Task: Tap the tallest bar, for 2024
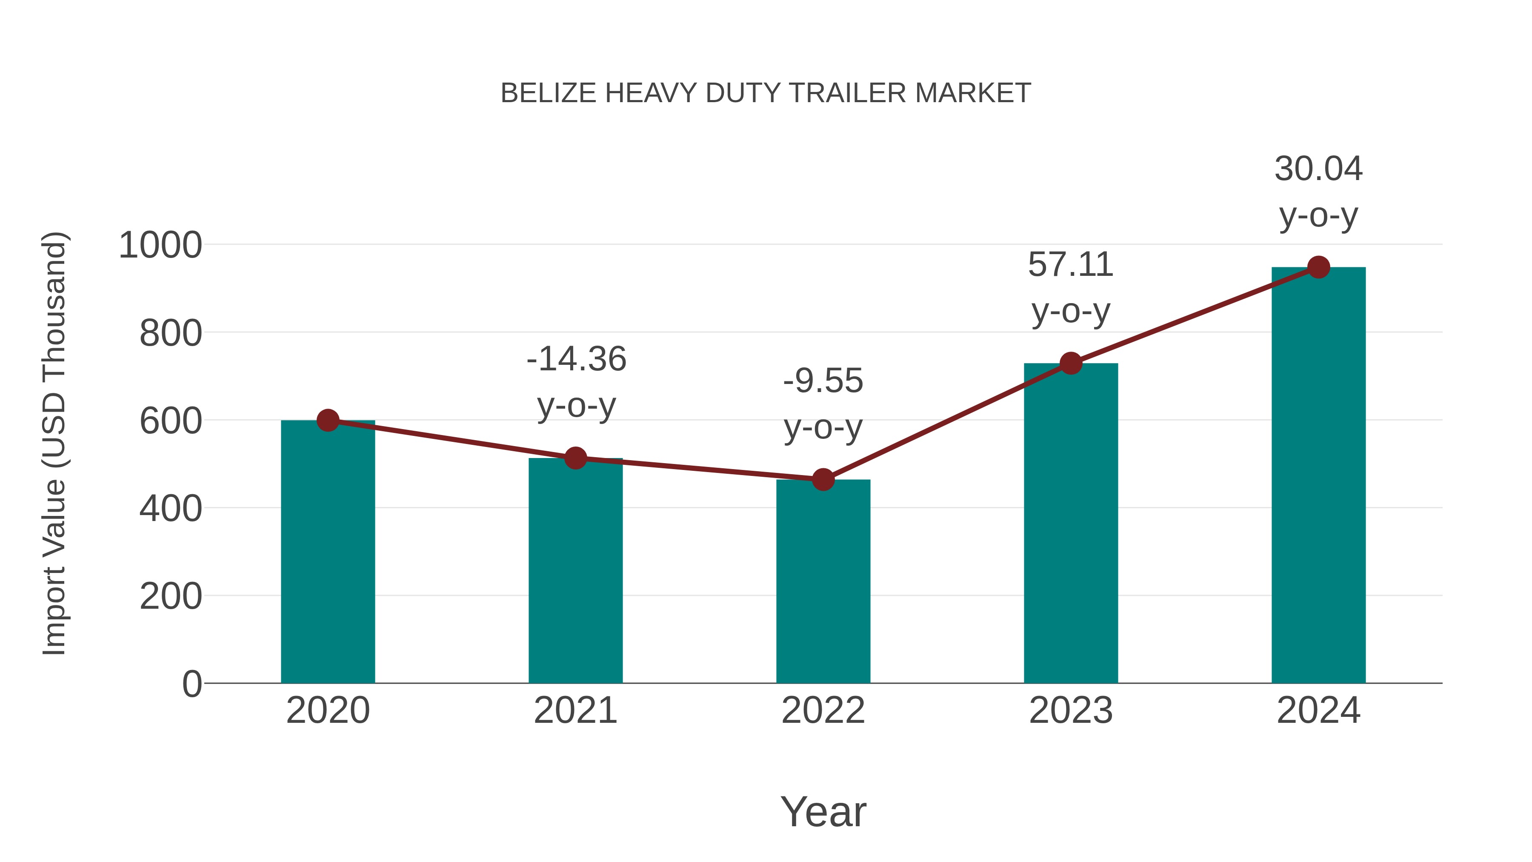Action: click(x=1318, y=476)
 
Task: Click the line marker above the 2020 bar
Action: click(x=328, y=421)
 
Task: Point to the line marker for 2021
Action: click(x=575, y=458)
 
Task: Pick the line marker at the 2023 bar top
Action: click(x=1071, y=363)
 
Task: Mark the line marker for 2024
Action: click(x=1318, y=267)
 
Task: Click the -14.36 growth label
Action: click(x=576, y=359)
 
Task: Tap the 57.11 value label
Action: click(x=1071, y=265)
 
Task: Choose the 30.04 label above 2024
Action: click(x=1318, y=169)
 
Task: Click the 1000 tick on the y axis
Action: click(x=160, y=245)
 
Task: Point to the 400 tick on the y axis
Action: click(x=171, y=509)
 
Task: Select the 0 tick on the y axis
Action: click(x=191, y=684)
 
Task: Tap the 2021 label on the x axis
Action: click(x=575, y=710)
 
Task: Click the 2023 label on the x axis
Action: click(x=1071, y=710)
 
